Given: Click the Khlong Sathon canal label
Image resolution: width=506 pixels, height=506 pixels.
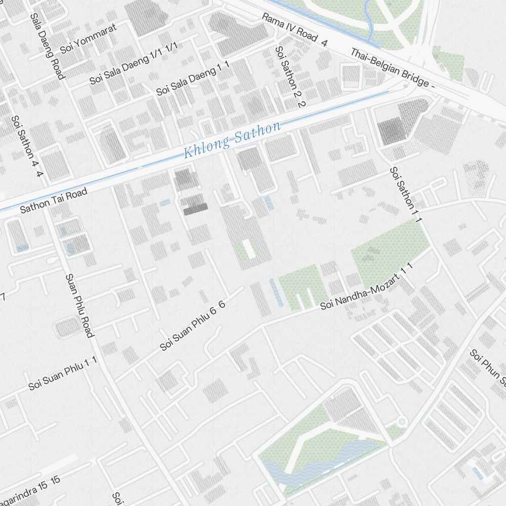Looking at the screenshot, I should point(232,139).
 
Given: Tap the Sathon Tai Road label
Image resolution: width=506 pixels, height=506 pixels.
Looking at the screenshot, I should point(53,200).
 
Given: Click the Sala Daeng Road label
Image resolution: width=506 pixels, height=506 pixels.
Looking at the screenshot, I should point(48,46).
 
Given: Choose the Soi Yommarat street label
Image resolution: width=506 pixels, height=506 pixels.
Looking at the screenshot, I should point(88,38).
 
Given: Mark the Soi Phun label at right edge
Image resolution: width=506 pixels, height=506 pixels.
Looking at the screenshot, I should point(487,367).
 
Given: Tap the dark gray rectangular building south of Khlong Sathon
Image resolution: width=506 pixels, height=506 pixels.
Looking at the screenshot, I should point(195,209).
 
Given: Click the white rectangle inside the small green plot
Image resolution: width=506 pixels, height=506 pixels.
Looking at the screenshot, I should point(248,248).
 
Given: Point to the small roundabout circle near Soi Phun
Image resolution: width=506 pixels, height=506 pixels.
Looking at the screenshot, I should point(402,421).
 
